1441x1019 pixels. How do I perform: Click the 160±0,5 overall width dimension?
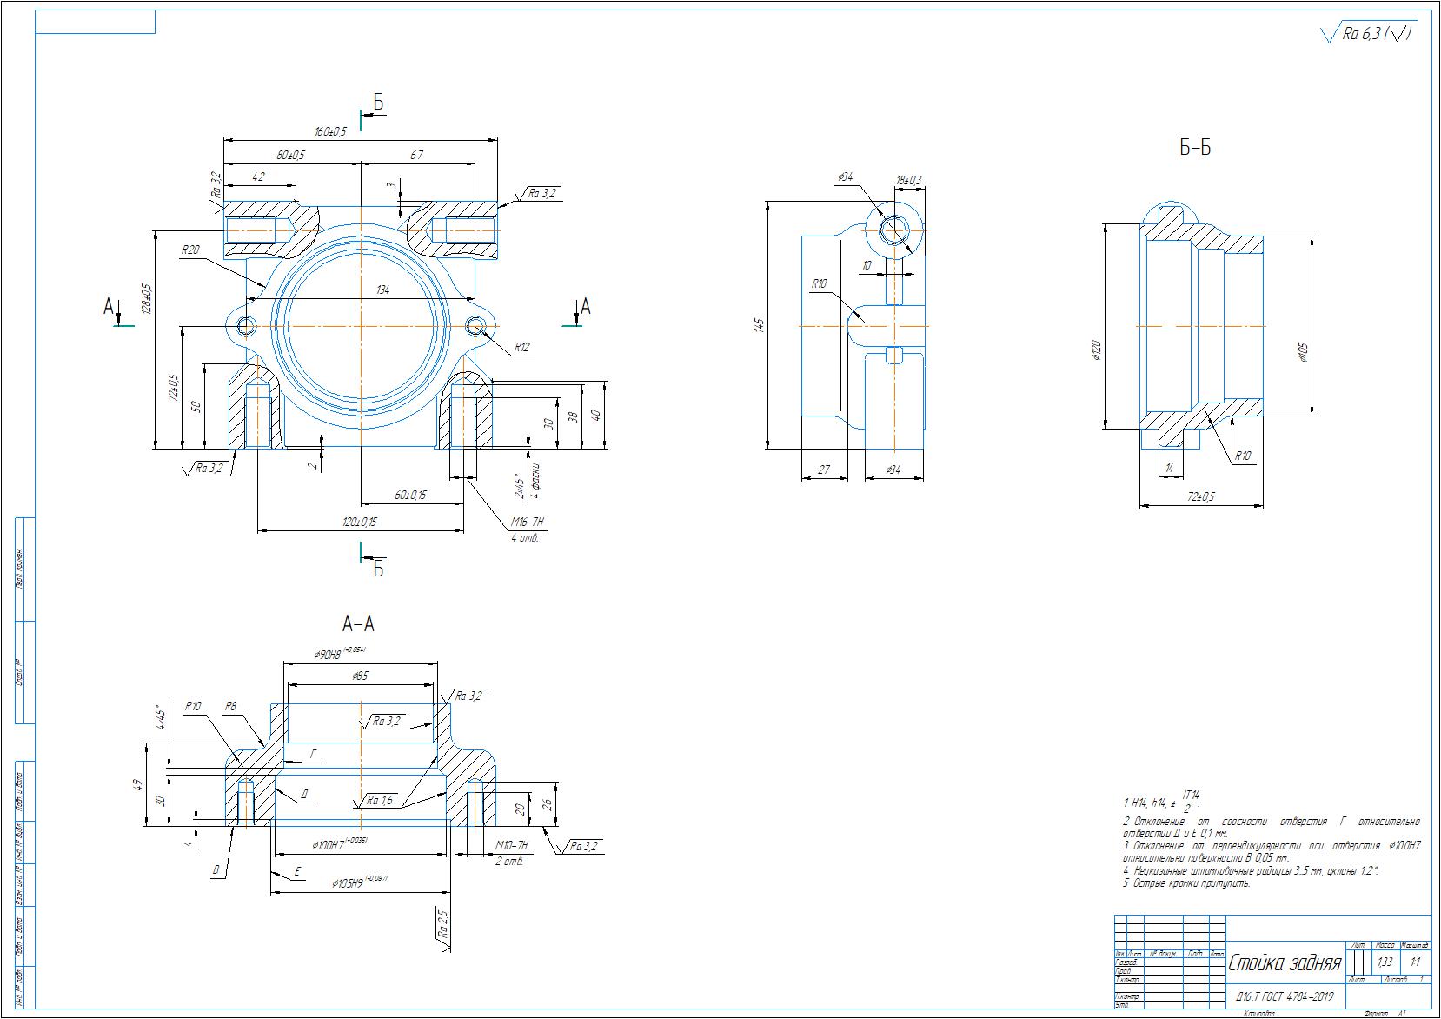click(x=330, y=131)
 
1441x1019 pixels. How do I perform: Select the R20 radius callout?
click(x=190, y=250)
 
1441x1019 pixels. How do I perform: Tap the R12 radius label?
click(x=521, y=347)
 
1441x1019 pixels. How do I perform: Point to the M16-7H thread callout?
click(x=528, y=523)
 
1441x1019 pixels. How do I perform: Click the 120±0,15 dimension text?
click(x=360, y=522)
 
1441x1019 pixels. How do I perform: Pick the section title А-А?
click(x=359, y=623)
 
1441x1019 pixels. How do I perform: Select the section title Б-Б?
click(x=1195, y=148)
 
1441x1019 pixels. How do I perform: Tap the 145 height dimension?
click(x=759, y=325)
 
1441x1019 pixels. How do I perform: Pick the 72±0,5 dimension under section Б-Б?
click(x=1201, y=496)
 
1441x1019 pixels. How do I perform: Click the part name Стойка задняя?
click(x=1285, y=963)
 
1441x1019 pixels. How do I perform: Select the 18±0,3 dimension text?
click(x=908, y=180)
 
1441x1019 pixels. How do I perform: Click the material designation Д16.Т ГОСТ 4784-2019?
click(x=1284, y=996)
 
